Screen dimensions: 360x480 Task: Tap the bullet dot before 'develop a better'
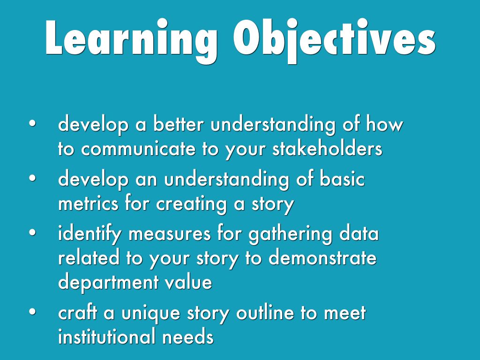click(32, 125)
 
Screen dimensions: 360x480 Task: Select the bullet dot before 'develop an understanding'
click(32, 179)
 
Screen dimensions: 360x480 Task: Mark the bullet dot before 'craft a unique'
click(32, 313)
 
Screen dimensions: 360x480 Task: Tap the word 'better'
click(179, 125)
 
